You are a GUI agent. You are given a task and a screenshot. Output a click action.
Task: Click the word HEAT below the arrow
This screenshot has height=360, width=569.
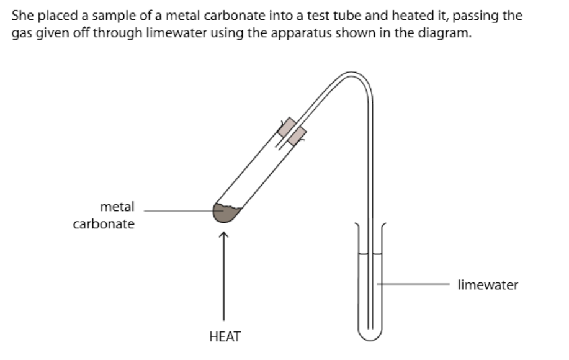(x=225, y=337)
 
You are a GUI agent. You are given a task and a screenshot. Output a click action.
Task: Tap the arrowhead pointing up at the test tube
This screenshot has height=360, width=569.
(x=223, y=235)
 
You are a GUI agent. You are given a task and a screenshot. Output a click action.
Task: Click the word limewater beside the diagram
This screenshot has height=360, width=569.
(x=488, y=285)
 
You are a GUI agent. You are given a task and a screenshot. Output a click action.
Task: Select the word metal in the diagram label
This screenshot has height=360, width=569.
(x=117, y=207)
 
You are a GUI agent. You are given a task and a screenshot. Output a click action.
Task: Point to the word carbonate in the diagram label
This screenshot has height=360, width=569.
(x=104, y=224)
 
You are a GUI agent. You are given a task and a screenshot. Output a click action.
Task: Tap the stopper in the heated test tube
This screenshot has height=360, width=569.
(x=291, y=132)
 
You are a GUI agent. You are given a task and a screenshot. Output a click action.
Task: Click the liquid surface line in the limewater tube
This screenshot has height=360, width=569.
(x=370, y=253)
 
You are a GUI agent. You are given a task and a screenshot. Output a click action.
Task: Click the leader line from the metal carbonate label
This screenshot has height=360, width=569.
(x=180, y=210)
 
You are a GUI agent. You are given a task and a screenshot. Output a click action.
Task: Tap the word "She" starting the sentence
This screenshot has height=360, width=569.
(x=22, y=16)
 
